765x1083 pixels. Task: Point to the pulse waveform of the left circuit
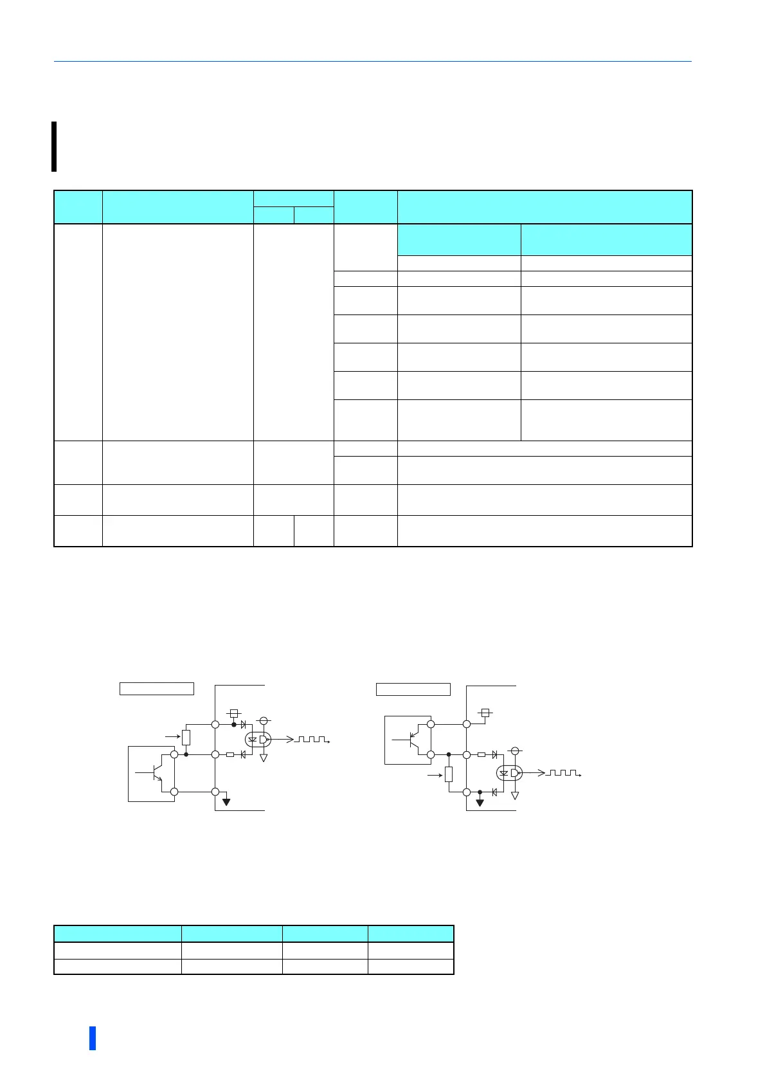(x=312, y=740)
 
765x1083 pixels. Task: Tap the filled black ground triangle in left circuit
(x=226, y=802)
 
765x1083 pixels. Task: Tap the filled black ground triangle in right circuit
(x=480, y=803)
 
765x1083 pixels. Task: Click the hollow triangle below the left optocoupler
(x=263, y=758)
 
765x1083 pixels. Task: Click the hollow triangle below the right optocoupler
(x=515, y=796)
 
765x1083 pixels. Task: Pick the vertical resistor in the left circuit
(x=186, y=738)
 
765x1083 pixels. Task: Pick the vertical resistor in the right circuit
(x=449, y=774)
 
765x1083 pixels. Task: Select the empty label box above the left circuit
(x=157, y=689)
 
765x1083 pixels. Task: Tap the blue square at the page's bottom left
(x=93, y=1038)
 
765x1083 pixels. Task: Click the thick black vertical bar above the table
(x=54, y=147)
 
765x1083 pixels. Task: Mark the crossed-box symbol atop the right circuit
(x=485, y=713)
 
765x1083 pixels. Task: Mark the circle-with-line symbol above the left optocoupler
(x=263, y=721)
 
